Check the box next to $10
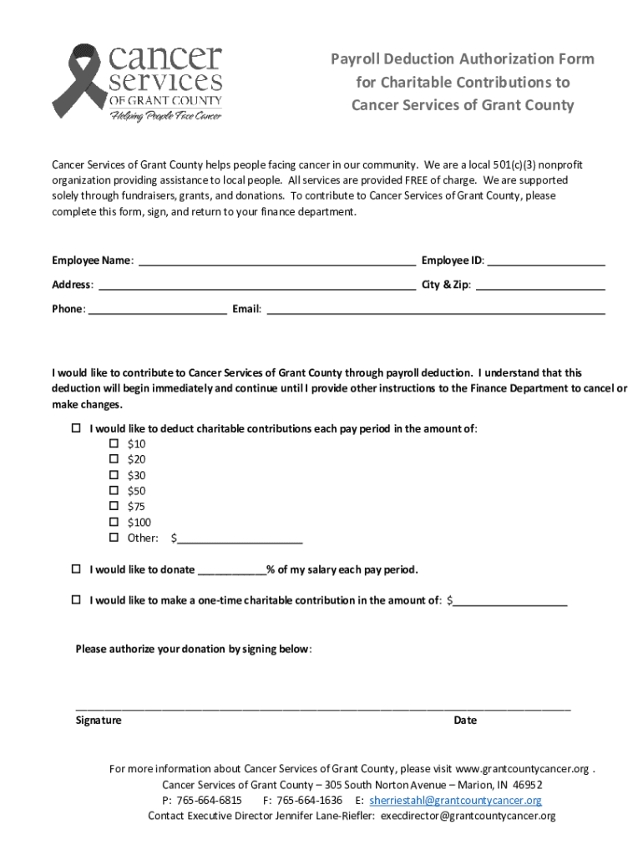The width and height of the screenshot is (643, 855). click(x=114, y=444)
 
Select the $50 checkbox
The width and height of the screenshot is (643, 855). click(x=114, y=491)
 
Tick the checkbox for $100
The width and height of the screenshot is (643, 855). click(x=114, y=523)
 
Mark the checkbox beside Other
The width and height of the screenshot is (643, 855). click(x=114, y=538)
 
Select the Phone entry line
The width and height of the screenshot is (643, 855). click(x=157, y=309)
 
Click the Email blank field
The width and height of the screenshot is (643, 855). click(x=435, y=309)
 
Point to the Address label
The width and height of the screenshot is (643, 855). click(x=72, y=285)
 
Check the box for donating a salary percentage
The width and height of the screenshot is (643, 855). click(x=76, y=569)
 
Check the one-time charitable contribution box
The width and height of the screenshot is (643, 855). click(x=76, y=600)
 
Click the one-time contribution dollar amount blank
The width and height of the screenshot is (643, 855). click(x=510, y=600)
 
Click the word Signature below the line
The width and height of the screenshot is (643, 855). click(x=98, y=720)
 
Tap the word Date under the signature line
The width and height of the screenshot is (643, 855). click(x=465, y=720)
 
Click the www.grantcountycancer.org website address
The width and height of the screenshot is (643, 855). click(x=522, y=768)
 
